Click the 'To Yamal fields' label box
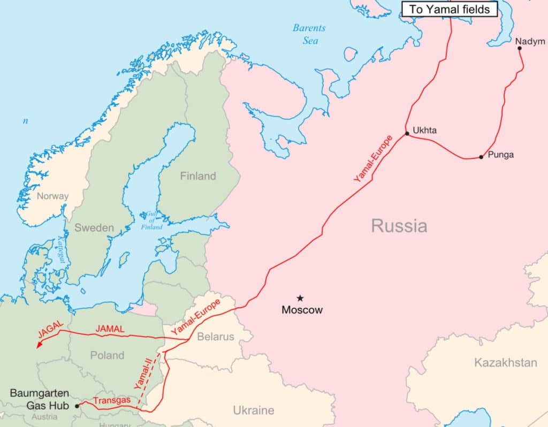(450, 9)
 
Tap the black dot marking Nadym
(520, 48)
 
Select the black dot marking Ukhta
(407, 133)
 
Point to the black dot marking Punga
(481, 157)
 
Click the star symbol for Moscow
(300, 298)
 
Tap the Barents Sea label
(310, 34)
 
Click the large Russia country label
(399, 226)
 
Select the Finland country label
(198, 176)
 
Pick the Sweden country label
(94, 227)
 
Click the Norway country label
(52, 196)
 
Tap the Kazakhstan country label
(505, 363)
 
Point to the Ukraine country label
(253, 410)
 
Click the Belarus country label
(216, 337)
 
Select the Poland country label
(107, 355)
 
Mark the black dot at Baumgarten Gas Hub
(77, 406)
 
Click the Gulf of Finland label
(151, 220)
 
